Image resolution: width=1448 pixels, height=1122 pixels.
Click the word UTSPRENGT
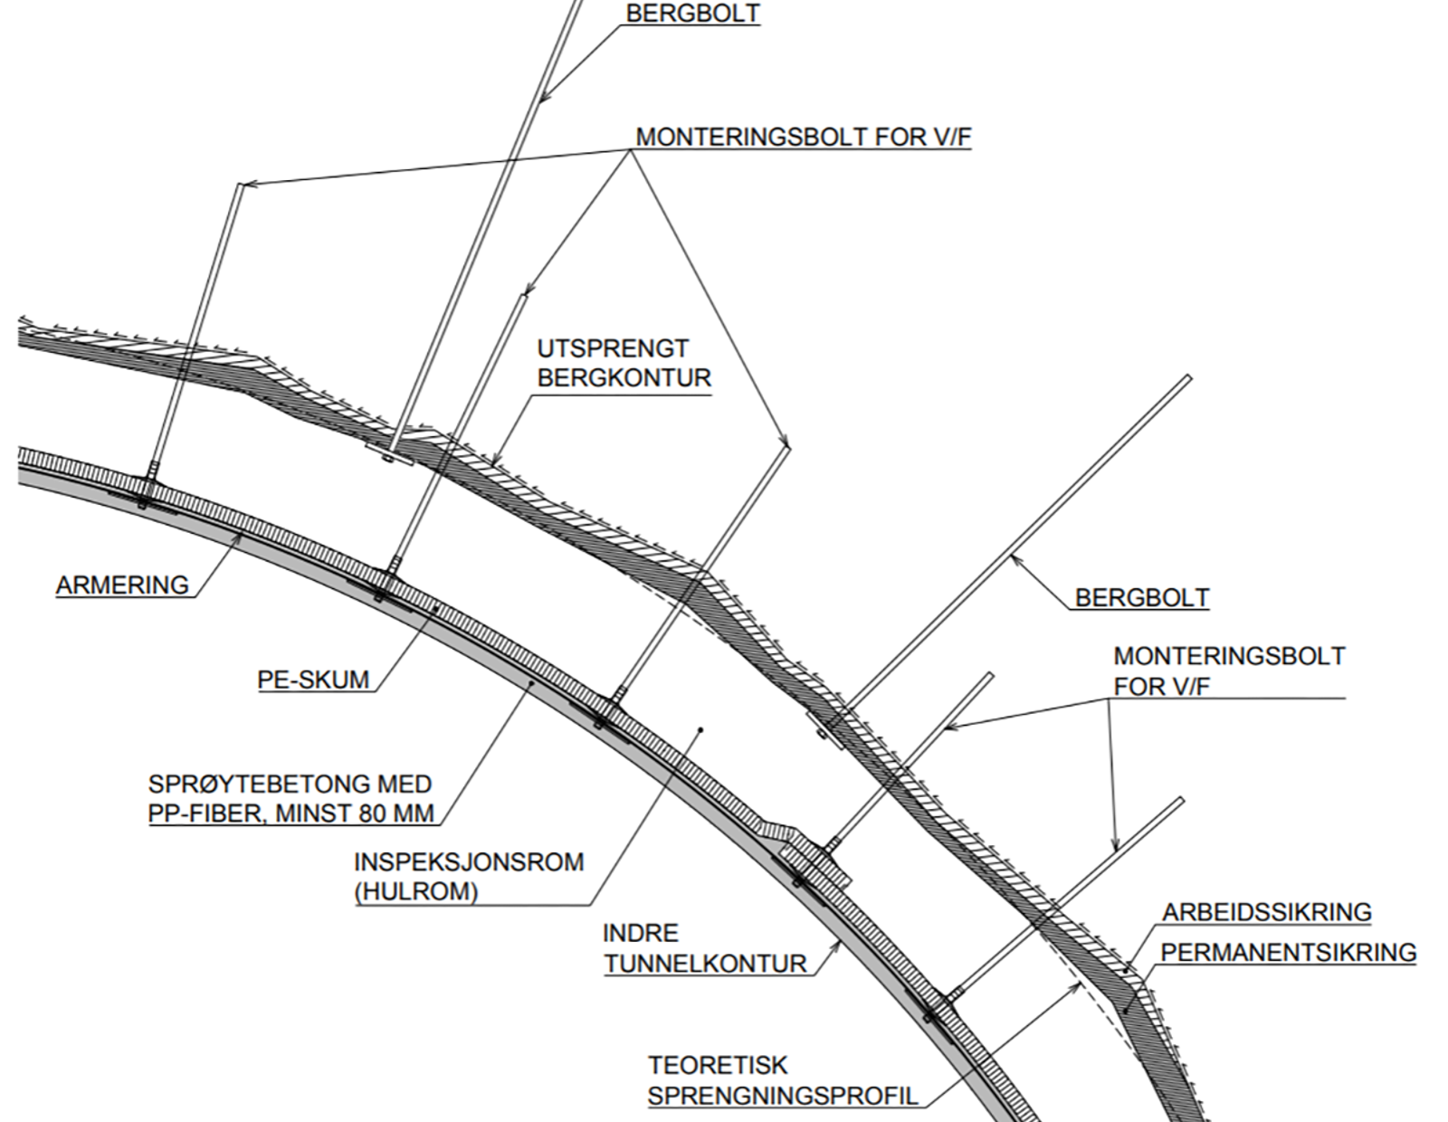tap(613, 349)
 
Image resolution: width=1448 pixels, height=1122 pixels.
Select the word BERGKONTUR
tap(624, 378)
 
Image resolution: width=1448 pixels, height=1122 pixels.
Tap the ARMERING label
tap(122, 585)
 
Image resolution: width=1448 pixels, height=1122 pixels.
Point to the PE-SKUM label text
tap(313, 680)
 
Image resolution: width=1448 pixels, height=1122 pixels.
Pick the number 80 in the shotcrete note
tap(360, 813)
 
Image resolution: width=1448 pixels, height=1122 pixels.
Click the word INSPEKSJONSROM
tap(469, 862)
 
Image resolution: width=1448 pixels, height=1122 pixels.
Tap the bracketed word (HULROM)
tap(415, 891)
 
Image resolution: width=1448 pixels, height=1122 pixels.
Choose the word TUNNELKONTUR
tap(705, 964)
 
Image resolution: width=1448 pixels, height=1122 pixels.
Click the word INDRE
tap(641, 934)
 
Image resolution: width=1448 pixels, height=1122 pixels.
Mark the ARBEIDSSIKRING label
tap(1267, 912)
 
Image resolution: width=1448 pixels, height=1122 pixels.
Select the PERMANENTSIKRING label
tap(1289, 953)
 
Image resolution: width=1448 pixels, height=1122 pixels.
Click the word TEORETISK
tap(718, 1065)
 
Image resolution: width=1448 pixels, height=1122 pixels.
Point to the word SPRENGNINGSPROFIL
tap(783, 1096)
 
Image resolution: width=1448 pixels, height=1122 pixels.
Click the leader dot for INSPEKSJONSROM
tap(700, 730)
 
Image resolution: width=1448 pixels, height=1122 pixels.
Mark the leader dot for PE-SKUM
tap(436, 607)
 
